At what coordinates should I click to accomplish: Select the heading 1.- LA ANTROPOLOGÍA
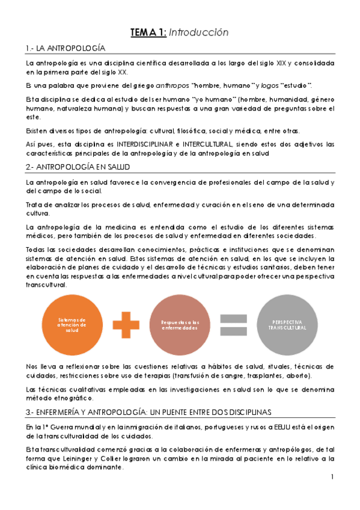tap(66, 48)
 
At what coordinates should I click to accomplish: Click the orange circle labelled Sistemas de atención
tap(72, 325)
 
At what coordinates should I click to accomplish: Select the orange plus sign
tap(125, 325)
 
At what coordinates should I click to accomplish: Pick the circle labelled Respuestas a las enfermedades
tap(178, 325)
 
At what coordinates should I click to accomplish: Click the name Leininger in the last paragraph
tap(78, 459)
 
